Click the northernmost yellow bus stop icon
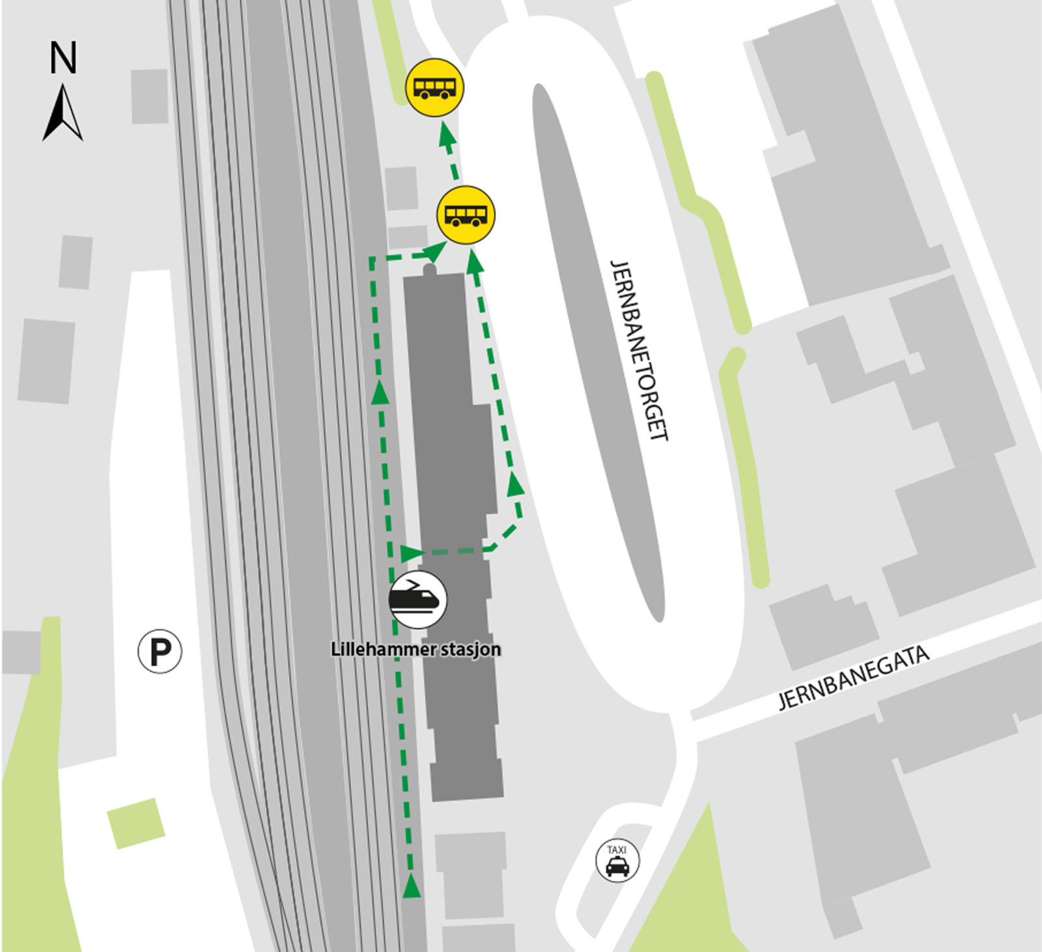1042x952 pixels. [x=434, y=88]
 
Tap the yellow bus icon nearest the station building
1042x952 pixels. [x=466, y=215]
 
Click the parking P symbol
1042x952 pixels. [x=160, y=651]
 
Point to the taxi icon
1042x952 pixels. [x=617, y=861]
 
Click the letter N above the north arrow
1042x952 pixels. [x=63, y=57]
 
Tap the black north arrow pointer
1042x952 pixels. [x=63, y=114]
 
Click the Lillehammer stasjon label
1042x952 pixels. [x=416, y=649]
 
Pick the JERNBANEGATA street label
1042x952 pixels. [x=854, y=678]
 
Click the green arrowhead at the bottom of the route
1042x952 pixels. [x=411, y=886]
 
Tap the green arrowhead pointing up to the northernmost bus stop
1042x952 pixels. [x=446, y=135]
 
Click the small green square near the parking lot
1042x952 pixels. [x=135, y=823]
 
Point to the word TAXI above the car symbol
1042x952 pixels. [x=617, y=850]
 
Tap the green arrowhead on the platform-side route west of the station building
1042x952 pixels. [x=380, y=392]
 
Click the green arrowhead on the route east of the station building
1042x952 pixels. [x=516, y=484]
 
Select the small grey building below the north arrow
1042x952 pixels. [x=149, y=96]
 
